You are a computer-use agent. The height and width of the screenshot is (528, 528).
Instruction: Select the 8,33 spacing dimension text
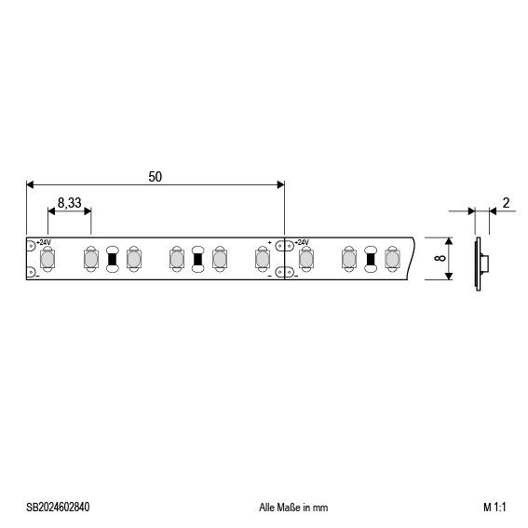click(x=69, y=202)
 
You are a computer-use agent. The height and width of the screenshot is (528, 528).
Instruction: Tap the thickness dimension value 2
click(x=505, y=203)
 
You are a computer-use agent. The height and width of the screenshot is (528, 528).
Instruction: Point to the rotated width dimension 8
click(x=440, y=256)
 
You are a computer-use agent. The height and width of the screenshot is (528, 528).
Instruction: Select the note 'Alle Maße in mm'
click(x=292, y=508)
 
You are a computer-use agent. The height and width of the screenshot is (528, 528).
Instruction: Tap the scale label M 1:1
click(x=494, y=508)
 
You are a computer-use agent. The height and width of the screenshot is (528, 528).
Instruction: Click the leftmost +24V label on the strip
click(x=45, y=242)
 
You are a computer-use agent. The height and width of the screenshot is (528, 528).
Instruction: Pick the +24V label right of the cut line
click(x=302, y=242)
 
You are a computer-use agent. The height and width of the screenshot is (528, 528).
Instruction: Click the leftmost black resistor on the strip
click(x=113, y=258)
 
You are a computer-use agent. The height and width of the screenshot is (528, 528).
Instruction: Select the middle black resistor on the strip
click(x=197, y=258)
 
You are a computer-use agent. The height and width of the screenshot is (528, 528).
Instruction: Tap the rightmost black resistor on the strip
click(x=370, y=258)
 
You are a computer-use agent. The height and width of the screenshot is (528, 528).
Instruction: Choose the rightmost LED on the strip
click(x=391, y=258)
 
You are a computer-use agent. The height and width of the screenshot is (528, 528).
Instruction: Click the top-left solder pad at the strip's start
click(x=32, y=244)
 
